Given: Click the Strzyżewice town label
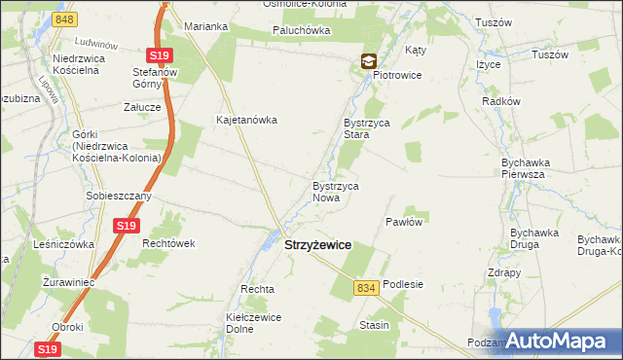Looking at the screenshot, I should click(317, 247).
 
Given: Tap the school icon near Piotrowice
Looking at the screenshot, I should click(369, 61).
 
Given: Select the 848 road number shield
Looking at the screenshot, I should click(65, 19).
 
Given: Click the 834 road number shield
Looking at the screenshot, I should click(366, 288).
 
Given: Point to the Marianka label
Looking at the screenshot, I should click(205, 26).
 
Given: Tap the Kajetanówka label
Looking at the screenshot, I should click(247, 121).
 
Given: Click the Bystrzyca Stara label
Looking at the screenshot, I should click(365, 129).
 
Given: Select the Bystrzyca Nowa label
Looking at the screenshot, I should click(337, 191).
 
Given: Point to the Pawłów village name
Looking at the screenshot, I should click(403, 222).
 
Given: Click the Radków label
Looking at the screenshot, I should click(498, 101).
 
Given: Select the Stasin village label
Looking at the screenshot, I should click(374, 325).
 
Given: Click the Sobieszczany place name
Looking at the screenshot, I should click(118, 196).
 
